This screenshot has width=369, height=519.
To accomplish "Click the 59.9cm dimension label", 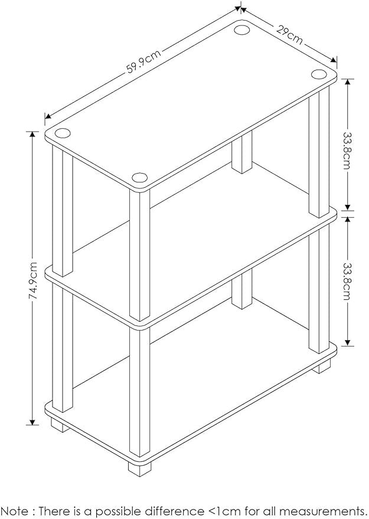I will coord(143,61).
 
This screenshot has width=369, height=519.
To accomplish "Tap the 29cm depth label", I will coord(289,34).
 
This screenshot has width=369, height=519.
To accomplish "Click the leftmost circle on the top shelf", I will coord(64,133).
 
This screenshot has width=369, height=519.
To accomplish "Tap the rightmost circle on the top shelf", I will coord(319,74).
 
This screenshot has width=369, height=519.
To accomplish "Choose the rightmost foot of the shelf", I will coord(321,367).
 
